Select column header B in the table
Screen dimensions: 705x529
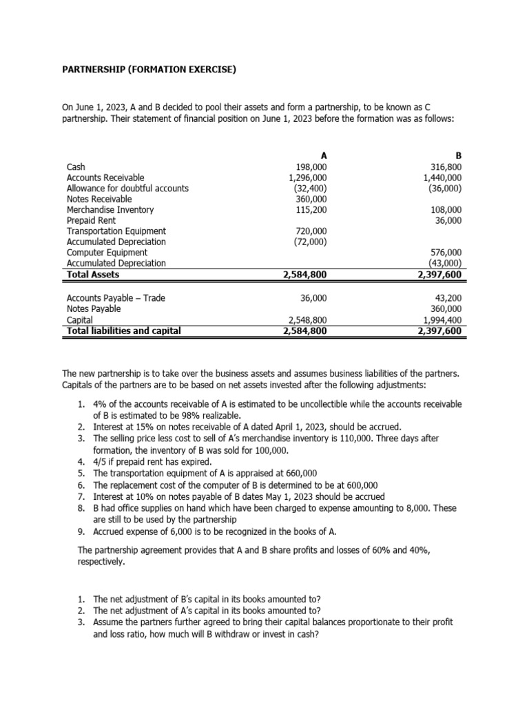tap(459, 156)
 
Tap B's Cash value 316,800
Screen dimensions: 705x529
tap(445, 167)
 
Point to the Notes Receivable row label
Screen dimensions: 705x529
tap(98, 199)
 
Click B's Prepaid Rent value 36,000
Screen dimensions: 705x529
tap(448, 220)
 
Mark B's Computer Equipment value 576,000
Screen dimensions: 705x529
tap(446, 253)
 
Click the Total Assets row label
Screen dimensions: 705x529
tap(93, 275)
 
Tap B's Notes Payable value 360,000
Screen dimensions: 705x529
tap(446, 309)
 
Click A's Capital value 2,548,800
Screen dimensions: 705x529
tap(305, 320)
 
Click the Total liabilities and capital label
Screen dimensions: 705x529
tap(123, 330)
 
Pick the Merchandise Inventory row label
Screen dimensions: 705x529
tap(110, 210)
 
